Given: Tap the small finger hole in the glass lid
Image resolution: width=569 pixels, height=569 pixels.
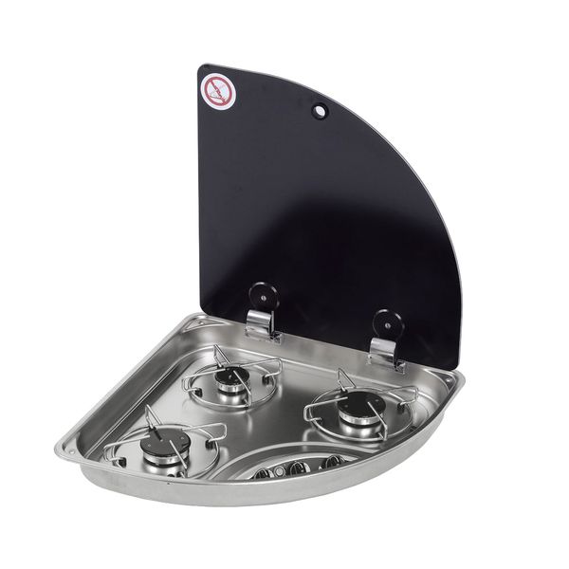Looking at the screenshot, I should [x=319, y=112].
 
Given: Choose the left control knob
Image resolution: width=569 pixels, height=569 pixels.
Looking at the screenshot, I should [x=261, y=470].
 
